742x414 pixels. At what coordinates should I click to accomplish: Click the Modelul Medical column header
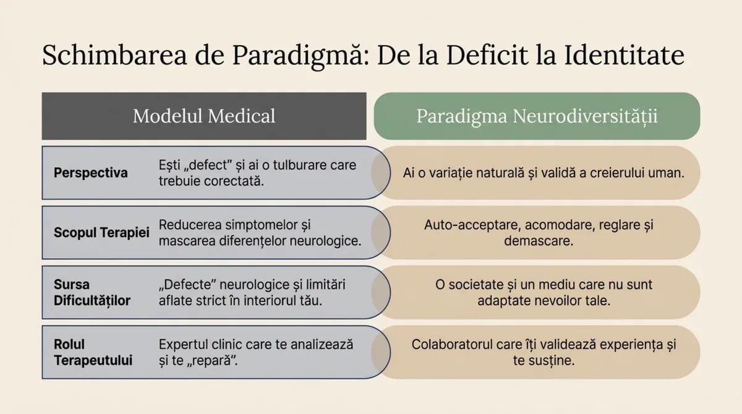tap(204, 116)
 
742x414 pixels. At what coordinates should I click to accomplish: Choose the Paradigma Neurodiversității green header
tap(537, 116)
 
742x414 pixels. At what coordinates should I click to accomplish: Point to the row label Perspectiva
tap(90, 173)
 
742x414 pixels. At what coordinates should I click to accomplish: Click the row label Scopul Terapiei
tap(101, 233)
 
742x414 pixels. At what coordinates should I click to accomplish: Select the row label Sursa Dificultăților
tap(92, 293)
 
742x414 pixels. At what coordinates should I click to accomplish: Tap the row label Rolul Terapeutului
tap(93, 352)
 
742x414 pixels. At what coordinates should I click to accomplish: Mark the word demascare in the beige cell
tap(539, 241)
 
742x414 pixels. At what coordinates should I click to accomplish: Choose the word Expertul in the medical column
tap(184, 345)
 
